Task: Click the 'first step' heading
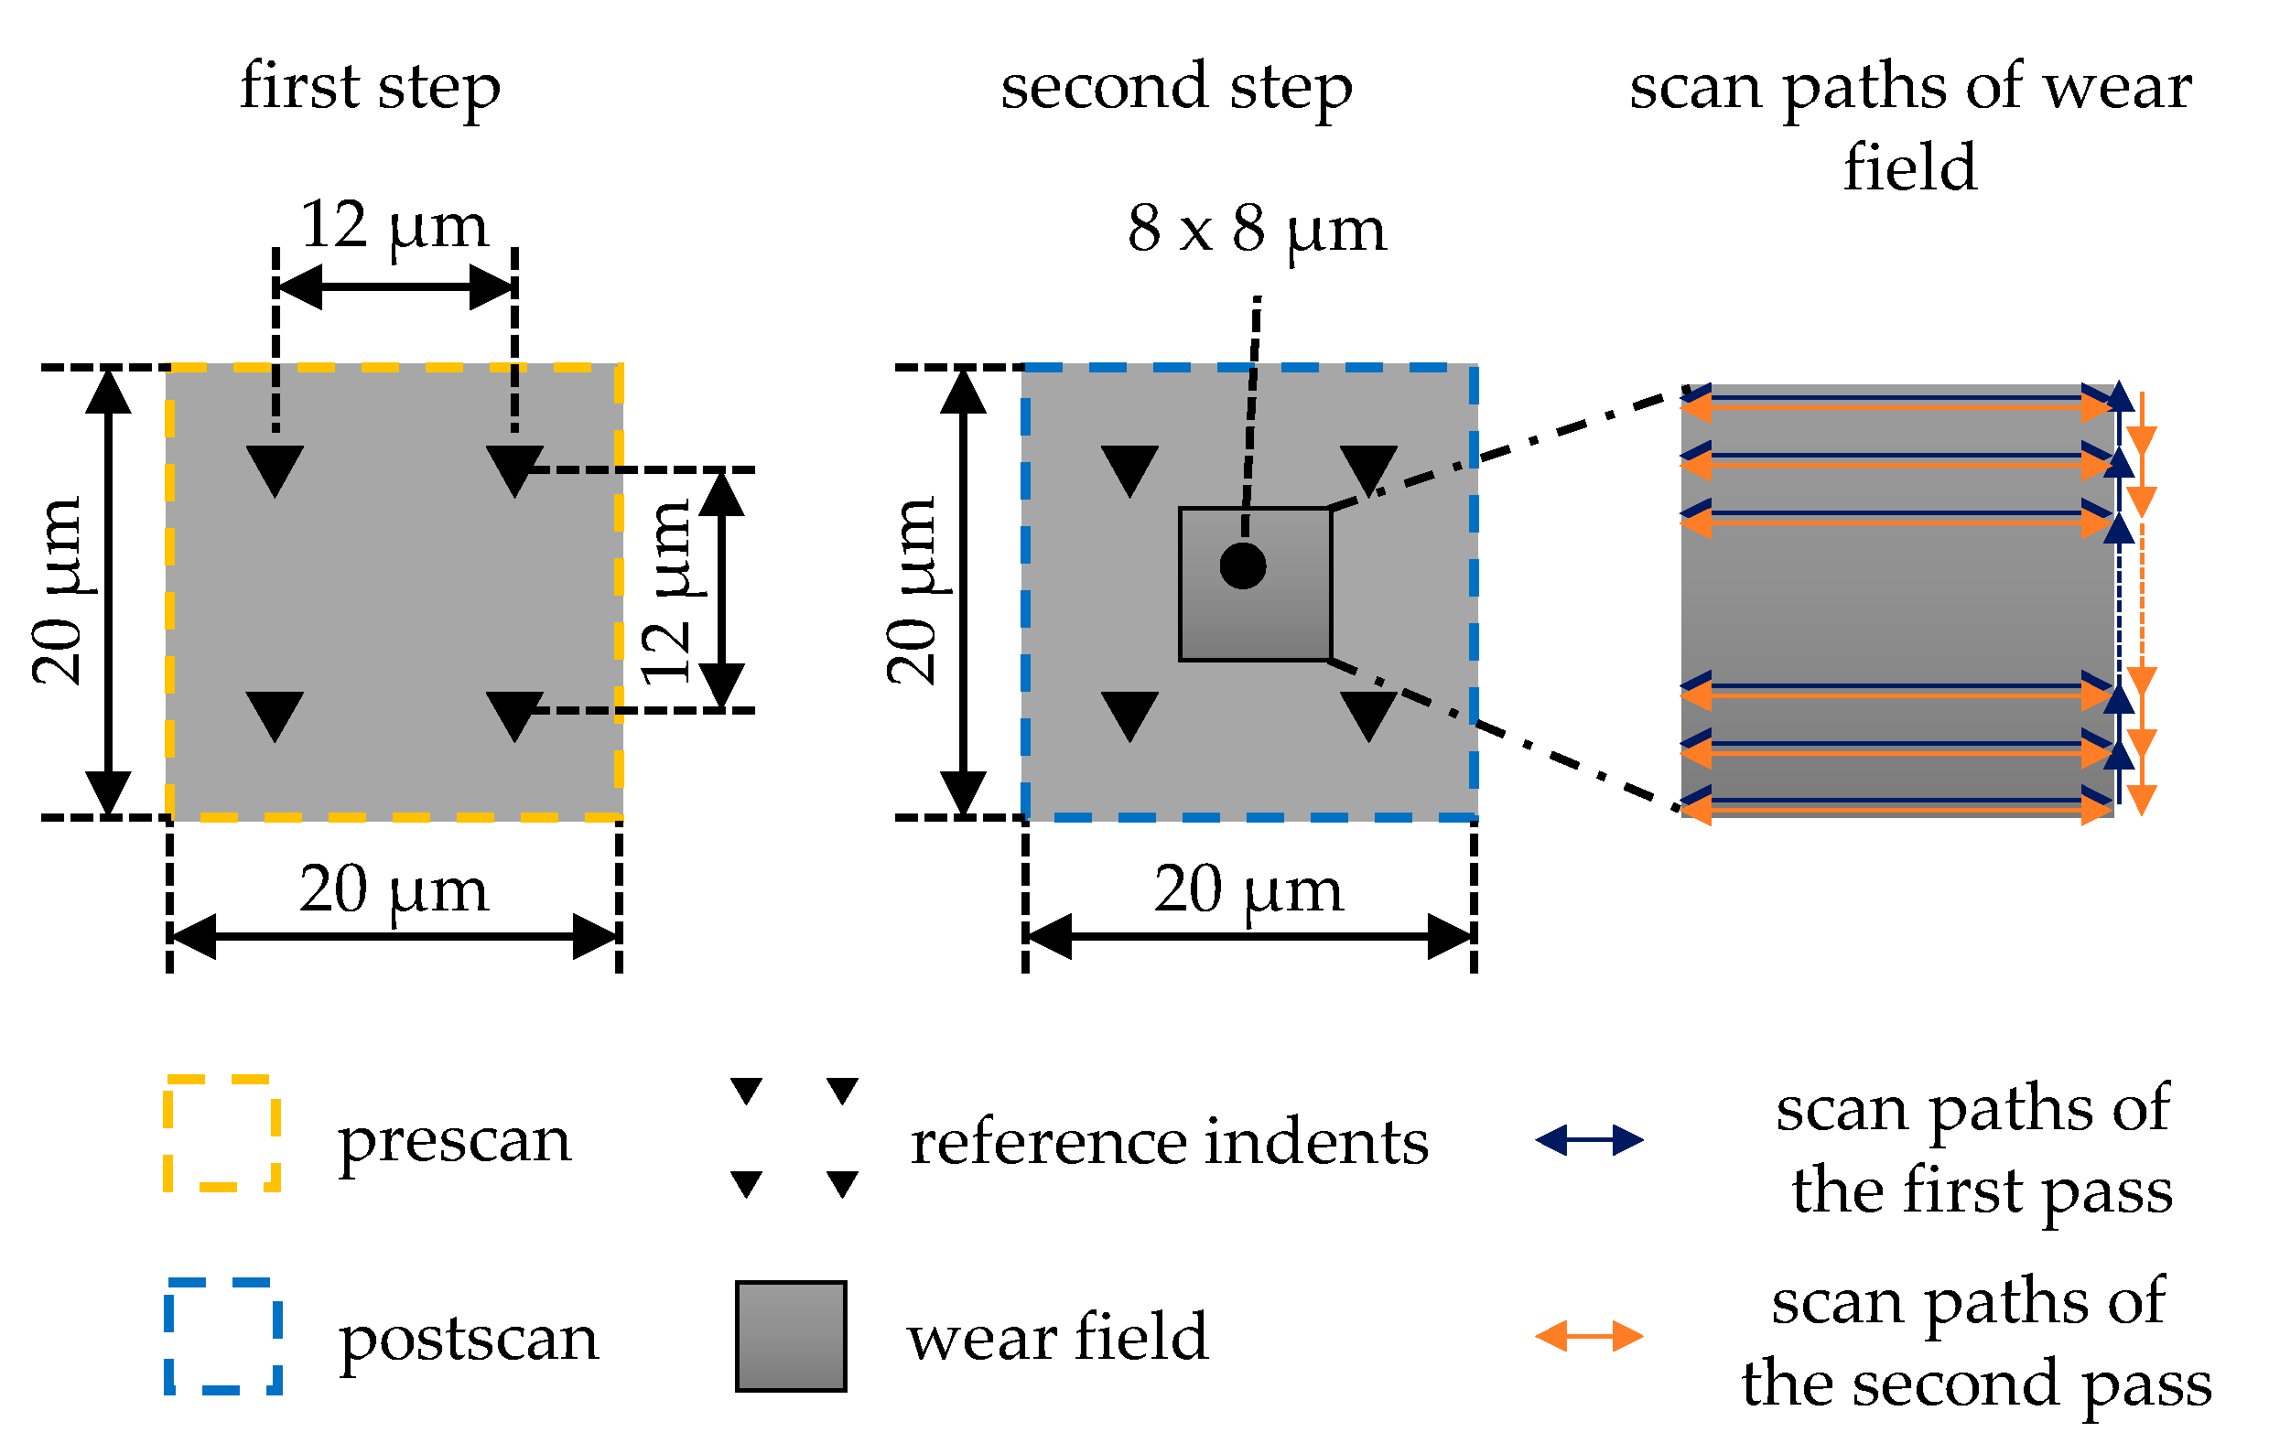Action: coord(370,87)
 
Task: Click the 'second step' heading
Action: coord(1176,87)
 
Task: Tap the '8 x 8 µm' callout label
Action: coord(1257,230)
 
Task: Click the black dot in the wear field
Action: coord(1243,566)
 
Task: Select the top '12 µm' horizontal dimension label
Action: coord(394,227)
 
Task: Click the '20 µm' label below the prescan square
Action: coord(394,890)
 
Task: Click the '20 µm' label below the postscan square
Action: coord(1248,890)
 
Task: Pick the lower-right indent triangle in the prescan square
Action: coord(514,715)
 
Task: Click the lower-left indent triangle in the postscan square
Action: coord(1129,715)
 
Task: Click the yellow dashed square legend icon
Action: coord(221,1134)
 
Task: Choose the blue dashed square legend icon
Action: coord(222,1337)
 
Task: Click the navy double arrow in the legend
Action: coord(1589,1140)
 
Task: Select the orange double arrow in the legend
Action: coord(1589,1337)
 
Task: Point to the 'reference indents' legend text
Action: coord(1169,1142)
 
